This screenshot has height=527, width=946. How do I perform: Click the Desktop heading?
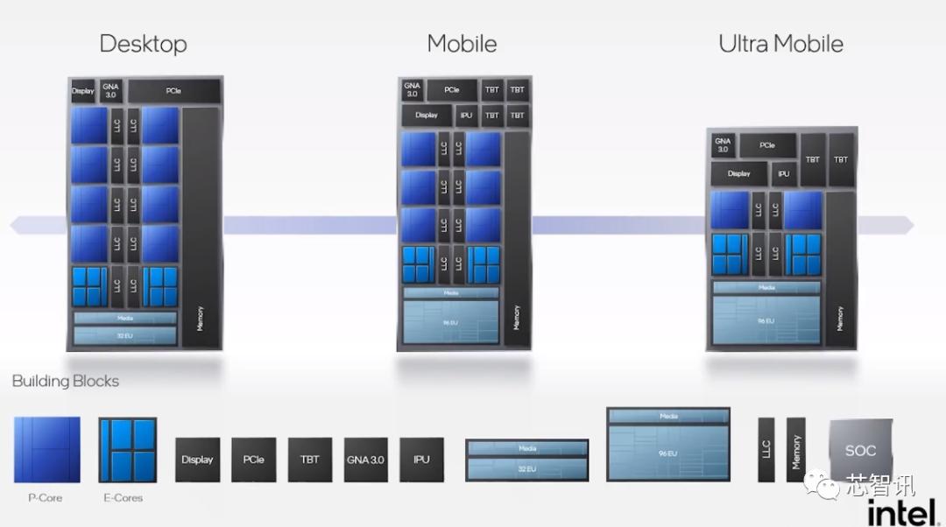[143, 44]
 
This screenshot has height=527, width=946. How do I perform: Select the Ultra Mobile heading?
[780, 44]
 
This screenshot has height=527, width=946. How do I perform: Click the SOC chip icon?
[860, 451]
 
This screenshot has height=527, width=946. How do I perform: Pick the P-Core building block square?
[46, 450]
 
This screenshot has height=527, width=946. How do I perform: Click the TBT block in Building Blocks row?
[309, 460]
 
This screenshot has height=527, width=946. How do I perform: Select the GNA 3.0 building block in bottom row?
[365, 460]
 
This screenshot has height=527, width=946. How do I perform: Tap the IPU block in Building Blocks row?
[421, 460]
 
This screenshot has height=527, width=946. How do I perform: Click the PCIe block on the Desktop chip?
[173, 91]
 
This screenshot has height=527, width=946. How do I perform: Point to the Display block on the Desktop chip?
[82, 91]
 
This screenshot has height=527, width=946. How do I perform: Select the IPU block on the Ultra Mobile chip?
[783, 173]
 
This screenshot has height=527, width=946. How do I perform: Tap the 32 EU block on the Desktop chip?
[125, 335]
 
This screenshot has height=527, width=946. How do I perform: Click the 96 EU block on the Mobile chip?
[451, 322]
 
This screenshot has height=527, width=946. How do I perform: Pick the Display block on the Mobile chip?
[427, 115]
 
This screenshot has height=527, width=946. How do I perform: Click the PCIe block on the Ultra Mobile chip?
[767, 145]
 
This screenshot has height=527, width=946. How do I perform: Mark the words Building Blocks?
[66, 381]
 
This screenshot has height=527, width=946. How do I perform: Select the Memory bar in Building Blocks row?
[795, 450]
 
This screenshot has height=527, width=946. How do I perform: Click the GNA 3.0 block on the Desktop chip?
[110, 91]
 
